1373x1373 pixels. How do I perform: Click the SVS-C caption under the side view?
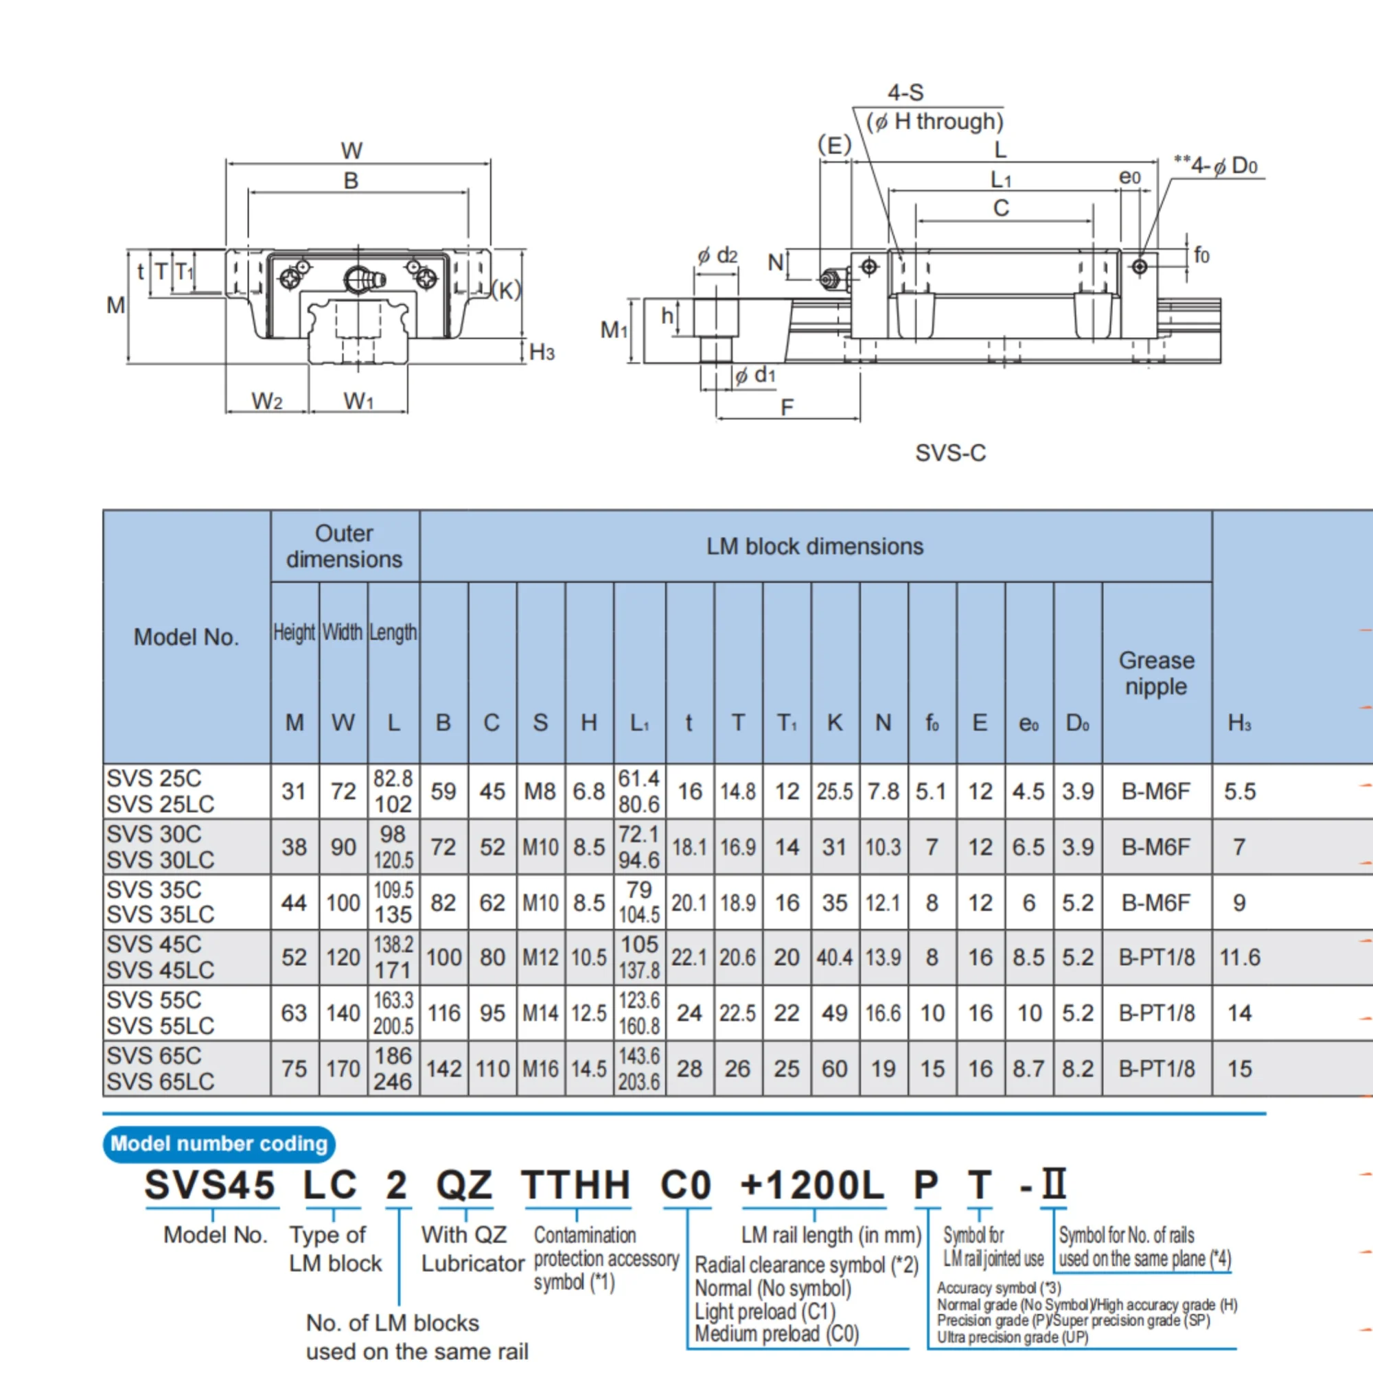950,452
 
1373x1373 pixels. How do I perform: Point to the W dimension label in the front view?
351,150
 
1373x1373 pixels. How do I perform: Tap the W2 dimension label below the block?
267,402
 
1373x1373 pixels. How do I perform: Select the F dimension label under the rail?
787,407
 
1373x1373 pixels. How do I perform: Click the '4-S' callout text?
905,93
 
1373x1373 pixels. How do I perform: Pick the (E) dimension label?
834,145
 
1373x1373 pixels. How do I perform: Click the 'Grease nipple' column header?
1156,673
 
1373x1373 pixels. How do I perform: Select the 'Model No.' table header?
186,637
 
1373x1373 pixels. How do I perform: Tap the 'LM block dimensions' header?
814,546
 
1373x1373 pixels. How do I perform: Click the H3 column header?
1239,723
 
